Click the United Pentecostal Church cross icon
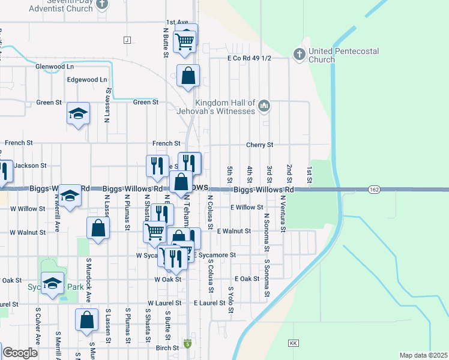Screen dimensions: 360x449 point(299,55)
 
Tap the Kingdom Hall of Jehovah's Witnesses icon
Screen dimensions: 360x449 point(264,107)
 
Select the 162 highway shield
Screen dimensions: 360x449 point(374,190)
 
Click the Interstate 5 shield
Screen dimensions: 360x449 point(188,343)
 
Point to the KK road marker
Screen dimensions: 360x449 point(294,343)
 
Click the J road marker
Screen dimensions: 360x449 point(127,40)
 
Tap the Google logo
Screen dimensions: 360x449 point(20,353)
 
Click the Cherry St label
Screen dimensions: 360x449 point(260,145)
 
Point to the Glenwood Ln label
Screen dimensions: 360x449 point(55,66)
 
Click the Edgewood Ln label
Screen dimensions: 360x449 point(87,79)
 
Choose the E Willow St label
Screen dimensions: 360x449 point(247,207)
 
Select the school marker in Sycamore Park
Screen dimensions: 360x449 point(52,282)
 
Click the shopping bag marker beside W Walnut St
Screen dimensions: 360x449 point(98,228)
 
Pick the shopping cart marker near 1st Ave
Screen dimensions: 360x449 point(184,41)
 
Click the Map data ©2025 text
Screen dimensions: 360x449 point(423,355)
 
